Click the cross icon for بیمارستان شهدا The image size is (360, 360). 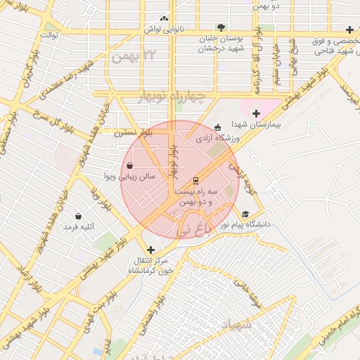tap(256, 113)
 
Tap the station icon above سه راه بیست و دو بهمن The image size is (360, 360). tap(195, 181)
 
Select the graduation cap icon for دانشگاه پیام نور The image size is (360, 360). tap(245, 214)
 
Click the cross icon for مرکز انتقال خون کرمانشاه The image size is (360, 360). tap(150, 250)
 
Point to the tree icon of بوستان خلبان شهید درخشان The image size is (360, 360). tap(221, 27)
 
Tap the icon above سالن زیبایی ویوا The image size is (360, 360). tap(130, 166)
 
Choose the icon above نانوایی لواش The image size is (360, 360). tap(165, 19)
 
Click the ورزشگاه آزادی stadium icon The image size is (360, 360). tap(217, 127)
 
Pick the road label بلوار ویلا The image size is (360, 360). tap(101, 200)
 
